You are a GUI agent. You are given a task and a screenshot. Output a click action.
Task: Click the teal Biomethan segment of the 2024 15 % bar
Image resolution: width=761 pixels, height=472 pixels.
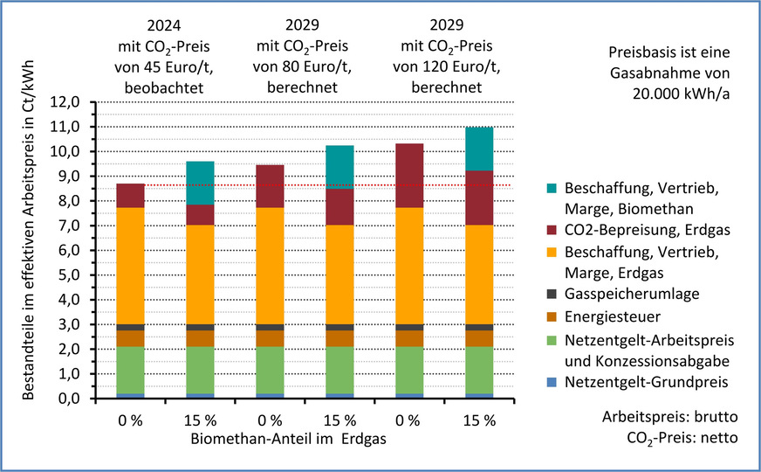click(x=199, y=183)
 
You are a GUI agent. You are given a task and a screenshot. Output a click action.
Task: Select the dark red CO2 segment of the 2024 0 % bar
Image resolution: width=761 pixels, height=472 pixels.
click(x=130, y=195)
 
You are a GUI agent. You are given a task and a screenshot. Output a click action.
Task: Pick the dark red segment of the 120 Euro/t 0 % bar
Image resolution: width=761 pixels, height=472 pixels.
click(x=408, y=175)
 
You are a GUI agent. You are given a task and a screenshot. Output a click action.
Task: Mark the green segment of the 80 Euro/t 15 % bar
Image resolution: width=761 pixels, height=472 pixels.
click(x=339, y=370)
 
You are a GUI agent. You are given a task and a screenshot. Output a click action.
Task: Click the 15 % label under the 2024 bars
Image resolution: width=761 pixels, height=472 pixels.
click(x=199, y=420)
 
